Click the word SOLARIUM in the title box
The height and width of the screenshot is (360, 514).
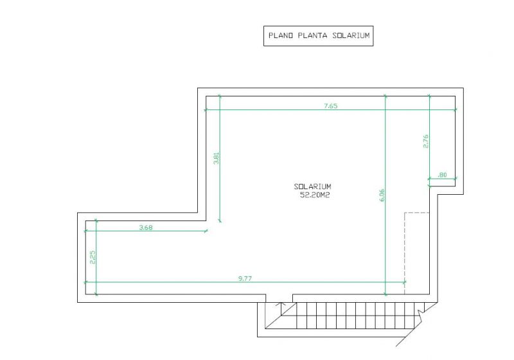(x=351, y=35)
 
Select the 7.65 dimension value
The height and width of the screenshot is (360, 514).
(x=330, y=105)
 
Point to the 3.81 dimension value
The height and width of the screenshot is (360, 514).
(x=216, y=157)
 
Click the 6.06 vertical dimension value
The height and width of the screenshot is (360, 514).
(x=382, y=195)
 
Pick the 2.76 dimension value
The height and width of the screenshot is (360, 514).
(x=426, y=141)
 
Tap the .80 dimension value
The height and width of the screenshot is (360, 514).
(x=442, y=175)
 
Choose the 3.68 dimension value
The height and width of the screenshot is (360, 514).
(x=146, y=227)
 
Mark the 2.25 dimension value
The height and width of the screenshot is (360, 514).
(x=93, y=257)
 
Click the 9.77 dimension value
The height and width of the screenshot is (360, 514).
(x=245, y=279)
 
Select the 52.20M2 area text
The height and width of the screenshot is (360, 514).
(x=315, y=195)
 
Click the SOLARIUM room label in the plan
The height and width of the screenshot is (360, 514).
(x=312, y=186)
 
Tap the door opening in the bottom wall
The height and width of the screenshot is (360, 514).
(x=279, y=298)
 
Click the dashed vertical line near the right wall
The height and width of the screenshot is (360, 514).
(x=405, y=253)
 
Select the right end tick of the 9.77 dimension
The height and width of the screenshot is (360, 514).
(x=405, y=282)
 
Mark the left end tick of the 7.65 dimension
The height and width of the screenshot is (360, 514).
(x=206, y=109)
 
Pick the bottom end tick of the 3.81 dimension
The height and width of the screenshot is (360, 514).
(x=220, y=221)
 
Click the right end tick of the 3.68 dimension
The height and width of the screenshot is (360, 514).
(x=206, y=231)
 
